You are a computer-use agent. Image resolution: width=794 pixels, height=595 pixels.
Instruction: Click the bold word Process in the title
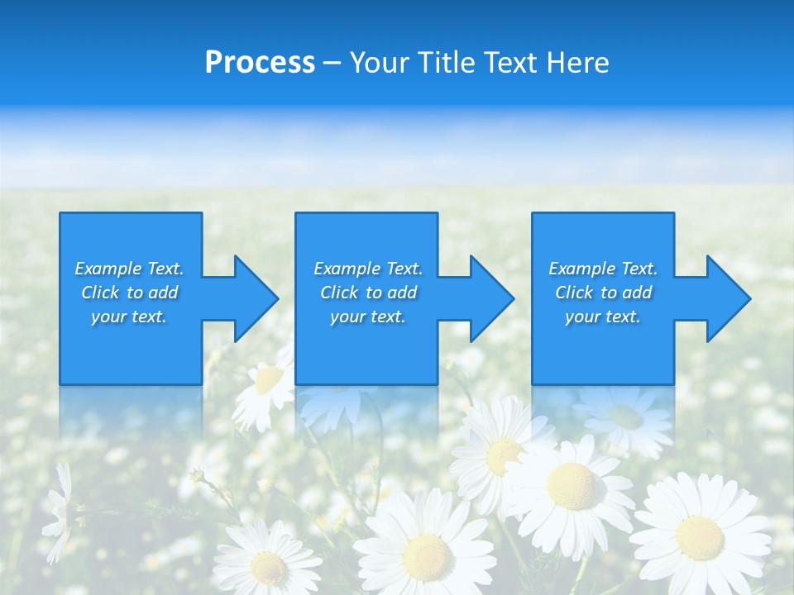tap(260, 63)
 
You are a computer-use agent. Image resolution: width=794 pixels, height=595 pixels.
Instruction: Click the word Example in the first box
tap(108, 269)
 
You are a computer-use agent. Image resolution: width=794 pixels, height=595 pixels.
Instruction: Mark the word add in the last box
tap(637, 293)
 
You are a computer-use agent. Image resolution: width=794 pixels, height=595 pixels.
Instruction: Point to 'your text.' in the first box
tap(129, 317)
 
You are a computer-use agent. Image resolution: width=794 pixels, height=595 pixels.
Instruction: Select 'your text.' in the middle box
tap(367, 317)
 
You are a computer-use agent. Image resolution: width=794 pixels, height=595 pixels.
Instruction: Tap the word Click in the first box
tap(101, 293)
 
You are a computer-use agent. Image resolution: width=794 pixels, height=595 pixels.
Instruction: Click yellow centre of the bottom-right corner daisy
tap(700, 536)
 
